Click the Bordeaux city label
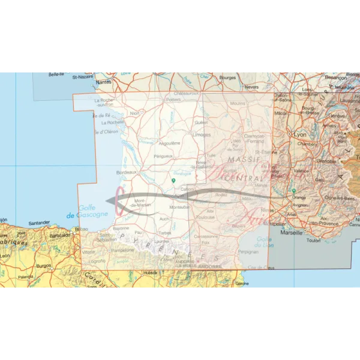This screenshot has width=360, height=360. (127, 172)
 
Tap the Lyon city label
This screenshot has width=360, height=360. (300, 135)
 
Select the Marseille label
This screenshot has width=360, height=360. (292, 232)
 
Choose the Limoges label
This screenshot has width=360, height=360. (201, 135)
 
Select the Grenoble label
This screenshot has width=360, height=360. (326, 161)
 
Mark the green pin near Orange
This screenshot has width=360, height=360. (293, 191)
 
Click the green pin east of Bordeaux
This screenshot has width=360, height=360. (173, 180)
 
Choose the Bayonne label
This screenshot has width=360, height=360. (121, 229)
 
